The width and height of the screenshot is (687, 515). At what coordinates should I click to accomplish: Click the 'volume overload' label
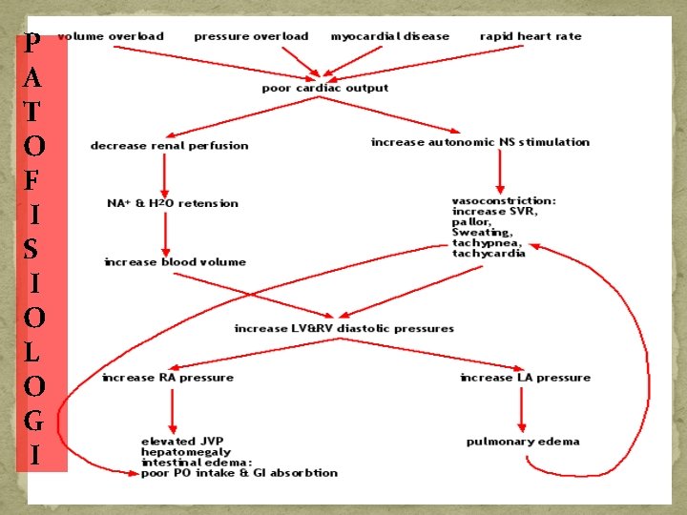tap(111, 36)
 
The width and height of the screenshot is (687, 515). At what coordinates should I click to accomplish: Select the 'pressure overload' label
tap(251, 36)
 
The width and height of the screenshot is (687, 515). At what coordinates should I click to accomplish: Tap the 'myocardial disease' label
tap(389, 36)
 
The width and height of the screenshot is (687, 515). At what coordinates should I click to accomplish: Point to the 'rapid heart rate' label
tap(531, 36)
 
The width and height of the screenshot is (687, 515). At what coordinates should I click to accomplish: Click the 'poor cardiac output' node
tap(325, 88)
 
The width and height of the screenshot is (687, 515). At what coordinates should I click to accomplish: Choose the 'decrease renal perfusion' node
tap(169, 145)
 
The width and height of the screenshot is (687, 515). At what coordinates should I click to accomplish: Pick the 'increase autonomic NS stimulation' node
tap(480, 142)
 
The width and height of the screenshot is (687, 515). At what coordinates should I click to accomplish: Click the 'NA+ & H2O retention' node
tap(173, 203)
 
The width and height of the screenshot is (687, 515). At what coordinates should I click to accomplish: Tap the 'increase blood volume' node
tap(175, 261)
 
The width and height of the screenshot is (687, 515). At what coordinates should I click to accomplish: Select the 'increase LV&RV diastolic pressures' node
tap(344, 328)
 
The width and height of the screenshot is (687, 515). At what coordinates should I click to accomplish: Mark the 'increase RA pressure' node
tap(168, 378)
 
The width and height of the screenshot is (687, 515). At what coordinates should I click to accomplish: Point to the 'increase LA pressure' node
tap(525, 378)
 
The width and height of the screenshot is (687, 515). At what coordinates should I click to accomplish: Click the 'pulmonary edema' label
tap(523, 442)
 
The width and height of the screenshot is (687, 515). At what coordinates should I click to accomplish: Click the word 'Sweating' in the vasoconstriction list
tap(482, 232)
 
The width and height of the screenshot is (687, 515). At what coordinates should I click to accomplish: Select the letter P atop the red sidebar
tap(33, 44)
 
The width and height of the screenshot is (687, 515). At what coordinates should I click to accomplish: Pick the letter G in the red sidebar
tap(33, 421)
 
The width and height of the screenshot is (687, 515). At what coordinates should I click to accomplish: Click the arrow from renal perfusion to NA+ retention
tap(166, 174)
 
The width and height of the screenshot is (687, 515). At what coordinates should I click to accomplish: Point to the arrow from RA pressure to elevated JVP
tap(173, 410)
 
